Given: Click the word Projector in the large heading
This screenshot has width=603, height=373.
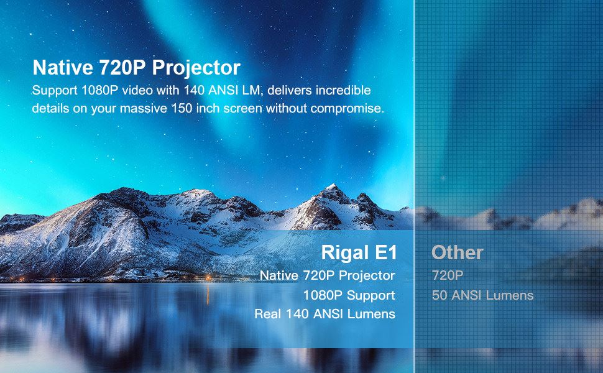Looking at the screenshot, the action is [x=196, y=68].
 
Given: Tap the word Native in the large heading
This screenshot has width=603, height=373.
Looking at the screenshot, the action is [x=63, y=67].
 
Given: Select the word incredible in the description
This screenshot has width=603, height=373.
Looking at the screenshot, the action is [x=343, y=90].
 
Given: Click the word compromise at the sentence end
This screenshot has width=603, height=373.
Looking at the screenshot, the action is [x=348, y=109].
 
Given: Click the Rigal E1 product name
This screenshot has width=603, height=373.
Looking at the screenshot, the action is [x=359, y=252].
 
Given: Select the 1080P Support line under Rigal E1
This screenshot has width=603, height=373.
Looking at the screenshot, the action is [x=349, y=295].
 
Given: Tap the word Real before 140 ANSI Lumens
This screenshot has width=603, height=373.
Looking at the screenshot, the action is [x=268, y=314].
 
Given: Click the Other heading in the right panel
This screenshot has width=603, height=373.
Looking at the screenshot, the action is [x=458, y=252].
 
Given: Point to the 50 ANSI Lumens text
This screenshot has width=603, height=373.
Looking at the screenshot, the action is [x=482, y=295].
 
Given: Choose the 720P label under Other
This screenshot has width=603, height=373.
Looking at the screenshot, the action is [x=448, y=275].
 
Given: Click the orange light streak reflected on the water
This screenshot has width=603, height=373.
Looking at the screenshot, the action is [x=208, y=294].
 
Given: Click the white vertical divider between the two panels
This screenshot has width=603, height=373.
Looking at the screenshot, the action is [x=414, y=186].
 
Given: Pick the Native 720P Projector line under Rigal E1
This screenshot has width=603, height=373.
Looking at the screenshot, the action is [x=327, y=275].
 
